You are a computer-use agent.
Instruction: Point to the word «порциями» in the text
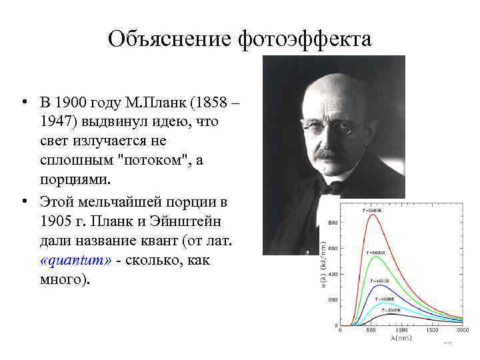click(x=74, y=181)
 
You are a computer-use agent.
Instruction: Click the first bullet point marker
click(x=23, y=103)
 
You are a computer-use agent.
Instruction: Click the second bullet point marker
click(x=23, y=201)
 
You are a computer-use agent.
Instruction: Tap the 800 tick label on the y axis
click(x=331, y=222)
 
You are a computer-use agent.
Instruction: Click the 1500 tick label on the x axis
click(x=433, y=331)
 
